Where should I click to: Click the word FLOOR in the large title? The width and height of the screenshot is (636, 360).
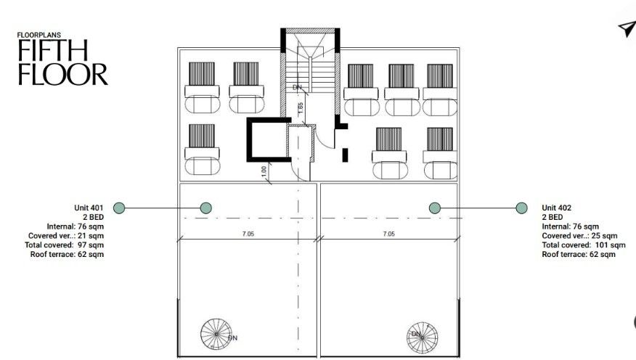coord(63,74)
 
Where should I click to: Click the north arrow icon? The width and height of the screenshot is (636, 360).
coord(627,28)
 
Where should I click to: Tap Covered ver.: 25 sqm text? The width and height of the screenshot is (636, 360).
coord(579,236)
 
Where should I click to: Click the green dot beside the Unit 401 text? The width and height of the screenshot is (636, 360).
coord(119,208)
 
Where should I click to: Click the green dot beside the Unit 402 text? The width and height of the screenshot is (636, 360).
coord(521,208)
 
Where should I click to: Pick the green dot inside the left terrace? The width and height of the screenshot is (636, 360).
coord(206,208)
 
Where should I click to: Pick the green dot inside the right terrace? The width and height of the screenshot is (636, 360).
coord(435,208)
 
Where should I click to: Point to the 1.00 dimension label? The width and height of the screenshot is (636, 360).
coord(264,172)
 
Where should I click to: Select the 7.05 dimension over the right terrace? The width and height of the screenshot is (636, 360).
coord(389,234)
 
